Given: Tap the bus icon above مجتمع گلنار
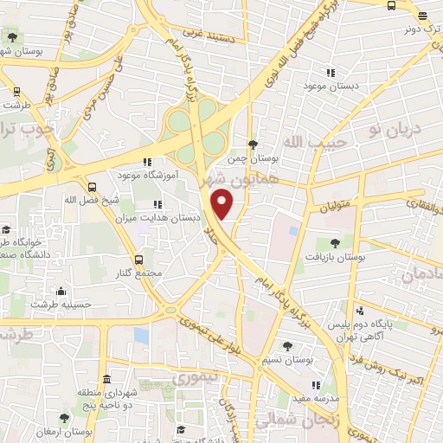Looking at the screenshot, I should point(140,260).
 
